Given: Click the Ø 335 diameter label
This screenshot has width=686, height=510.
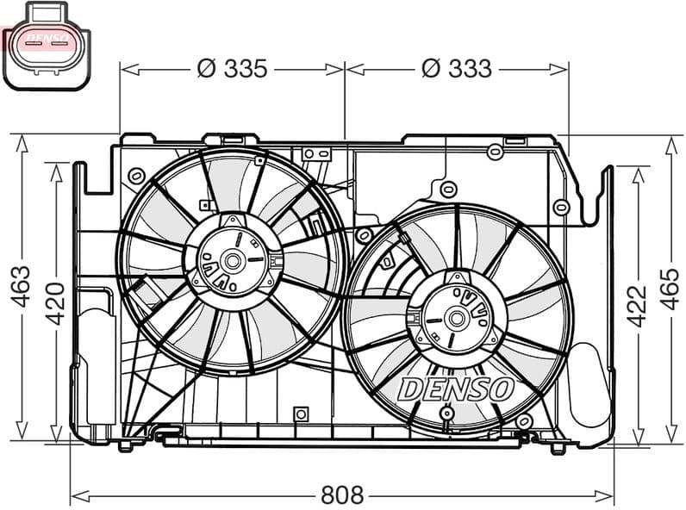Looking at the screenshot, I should pos(233,68).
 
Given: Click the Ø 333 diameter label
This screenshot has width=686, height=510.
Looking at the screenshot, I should pos(457,68).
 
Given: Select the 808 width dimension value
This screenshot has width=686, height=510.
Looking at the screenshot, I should pos(342,495).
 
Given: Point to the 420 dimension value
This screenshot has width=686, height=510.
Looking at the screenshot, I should pos(55,302).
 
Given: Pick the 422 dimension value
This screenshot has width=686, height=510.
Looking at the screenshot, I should pos(636,306).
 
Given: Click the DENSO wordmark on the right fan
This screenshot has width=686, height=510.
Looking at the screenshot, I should pos(456,389).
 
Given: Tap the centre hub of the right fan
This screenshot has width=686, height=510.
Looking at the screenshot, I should pos(456,319).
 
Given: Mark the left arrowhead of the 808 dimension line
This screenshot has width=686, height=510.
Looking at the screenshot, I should pos(76,495).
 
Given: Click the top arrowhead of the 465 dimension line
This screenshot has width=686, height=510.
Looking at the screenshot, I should pos(671,140).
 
